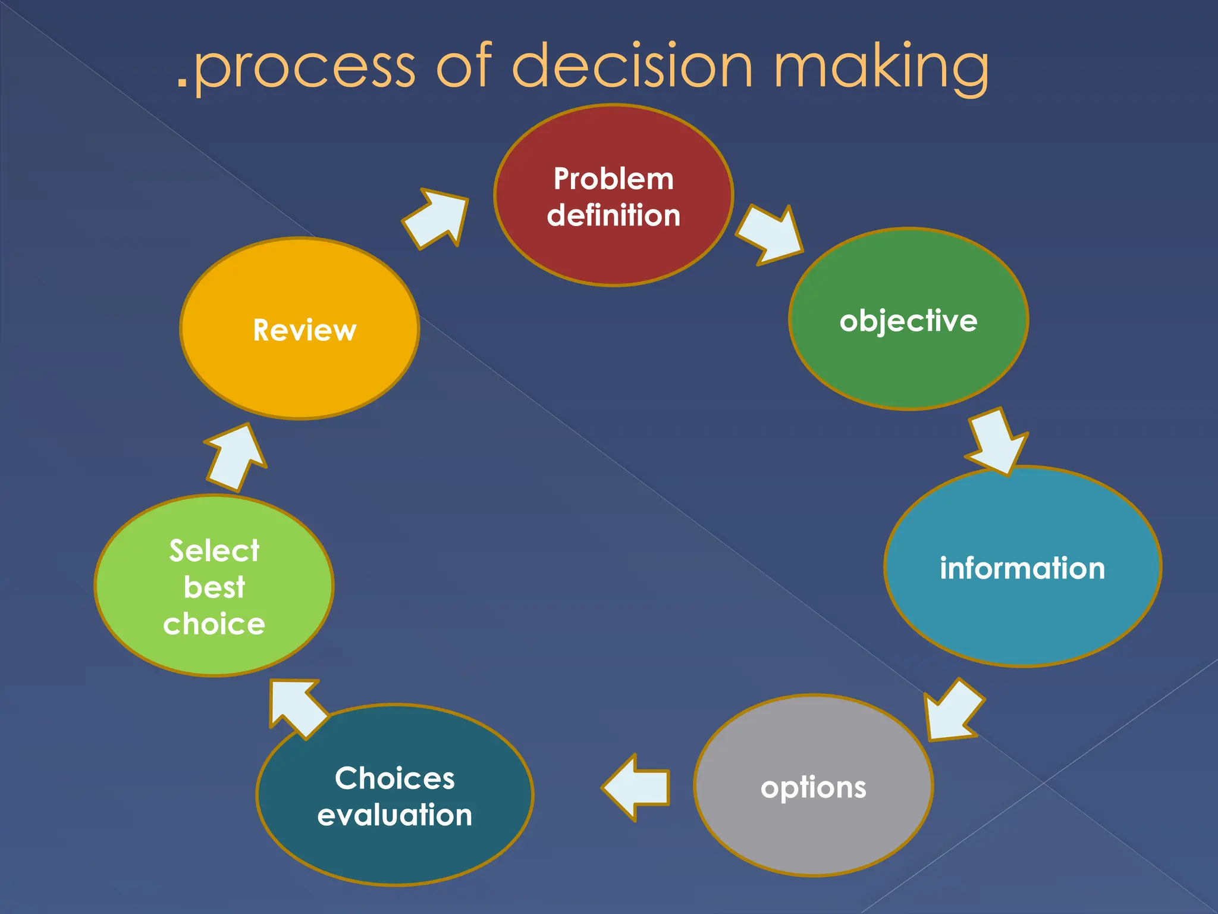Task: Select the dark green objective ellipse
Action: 908,363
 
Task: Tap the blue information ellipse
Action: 1022,613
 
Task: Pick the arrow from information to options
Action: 952,710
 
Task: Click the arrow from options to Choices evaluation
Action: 636,787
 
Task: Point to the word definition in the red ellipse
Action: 614,215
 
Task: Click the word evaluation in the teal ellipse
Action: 395,815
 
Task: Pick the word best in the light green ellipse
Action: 214,587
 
